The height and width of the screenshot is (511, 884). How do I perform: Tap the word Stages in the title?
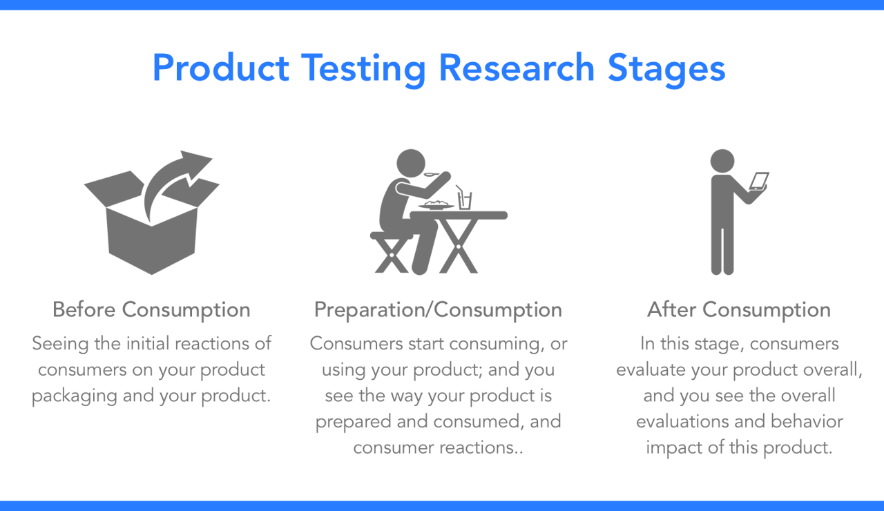click(x=666, y=69)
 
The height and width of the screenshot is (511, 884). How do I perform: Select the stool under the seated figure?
click(x=390, y=252)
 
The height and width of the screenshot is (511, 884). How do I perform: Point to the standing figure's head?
click(x=722, y=162)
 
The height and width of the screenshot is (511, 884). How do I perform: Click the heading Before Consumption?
click(x=151, y=310)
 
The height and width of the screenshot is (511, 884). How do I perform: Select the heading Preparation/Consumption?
click(x=438, y=310)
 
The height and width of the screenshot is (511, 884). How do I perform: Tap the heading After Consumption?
click(x=739, y=310)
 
